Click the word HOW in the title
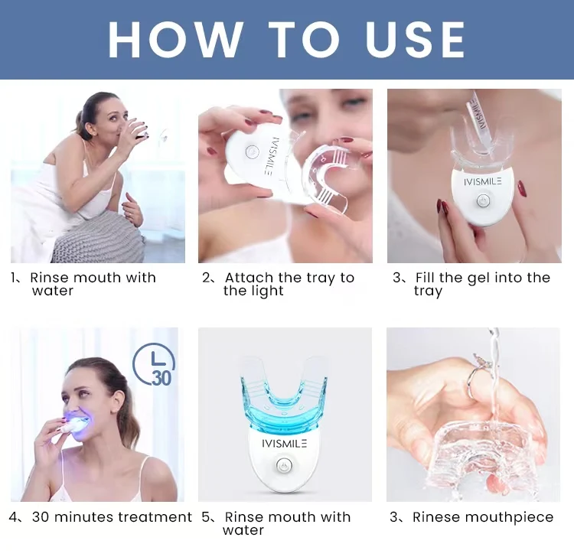point(176,40)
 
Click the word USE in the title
point(415,40)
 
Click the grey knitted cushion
point(99,238)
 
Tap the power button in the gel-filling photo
point(482,200)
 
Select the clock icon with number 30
point(154,364)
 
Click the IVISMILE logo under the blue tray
point(285,444)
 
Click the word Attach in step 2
point(249,278)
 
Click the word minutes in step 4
point(84,517)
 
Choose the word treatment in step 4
point(155,517)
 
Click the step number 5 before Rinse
point(206,517)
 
